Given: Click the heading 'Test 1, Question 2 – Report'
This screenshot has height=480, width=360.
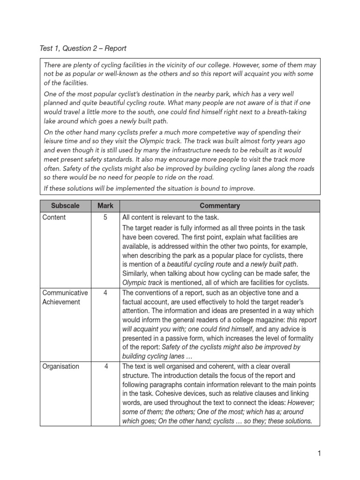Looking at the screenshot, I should (83, 48).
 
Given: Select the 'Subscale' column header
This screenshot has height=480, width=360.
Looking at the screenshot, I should (66, 206).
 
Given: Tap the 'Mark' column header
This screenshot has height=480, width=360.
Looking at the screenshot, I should (105, 206).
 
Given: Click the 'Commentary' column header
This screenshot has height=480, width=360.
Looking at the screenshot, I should (219, 206).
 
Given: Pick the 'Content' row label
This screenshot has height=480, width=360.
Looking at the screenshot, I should (54, 217).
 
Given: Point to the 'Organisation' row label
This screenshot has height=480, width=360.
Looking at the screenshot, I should (60, 367).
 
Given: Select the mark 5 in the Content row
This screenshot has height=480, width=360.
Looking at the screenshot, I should (105, 217).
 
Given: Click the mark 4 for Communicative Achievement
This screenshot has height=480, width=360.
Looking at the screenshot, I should (105, 292).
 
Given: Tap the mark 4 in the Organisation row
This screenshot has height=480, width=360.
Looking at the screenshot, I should (105, 367).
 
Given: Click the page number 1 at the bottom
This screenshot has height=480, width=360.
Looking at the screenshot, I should (319, 453).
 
